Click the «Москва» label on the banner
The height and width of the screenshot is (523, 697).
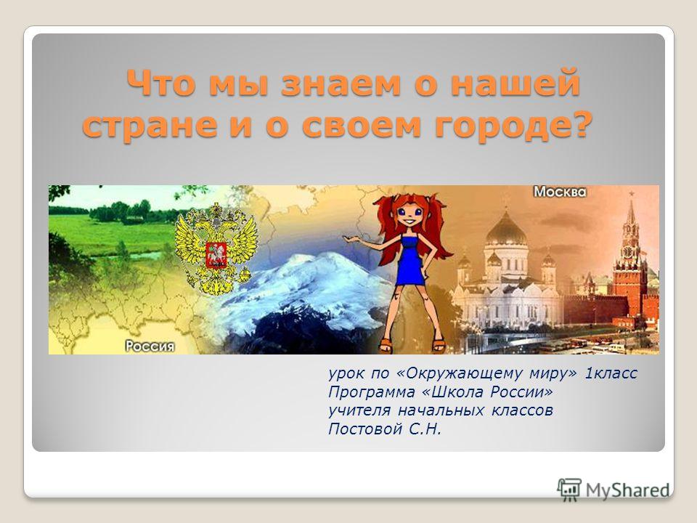click(x=560, y=192)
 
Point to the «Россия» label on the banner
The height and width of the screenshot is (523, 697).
click(x=150, y=346)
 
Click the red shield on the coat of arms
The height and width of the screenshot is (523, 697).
click(x=216, y=255)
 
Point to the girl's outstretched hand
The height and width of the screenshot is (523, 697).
click(x=350, y=240)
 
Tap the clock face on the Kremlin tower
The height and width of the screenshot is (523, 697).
click(x=627, y=252)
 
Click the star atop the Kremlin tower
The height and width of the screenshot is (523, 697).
click(x=631, y=194)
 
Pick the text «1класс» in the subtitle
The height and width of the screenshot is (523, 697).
click(x=611, y=373)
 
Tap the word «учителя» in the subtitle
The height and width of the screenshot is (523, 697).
click(x=359, y=410)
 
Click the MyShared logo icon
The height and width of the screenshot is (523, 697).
click(x=568, y=490)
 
